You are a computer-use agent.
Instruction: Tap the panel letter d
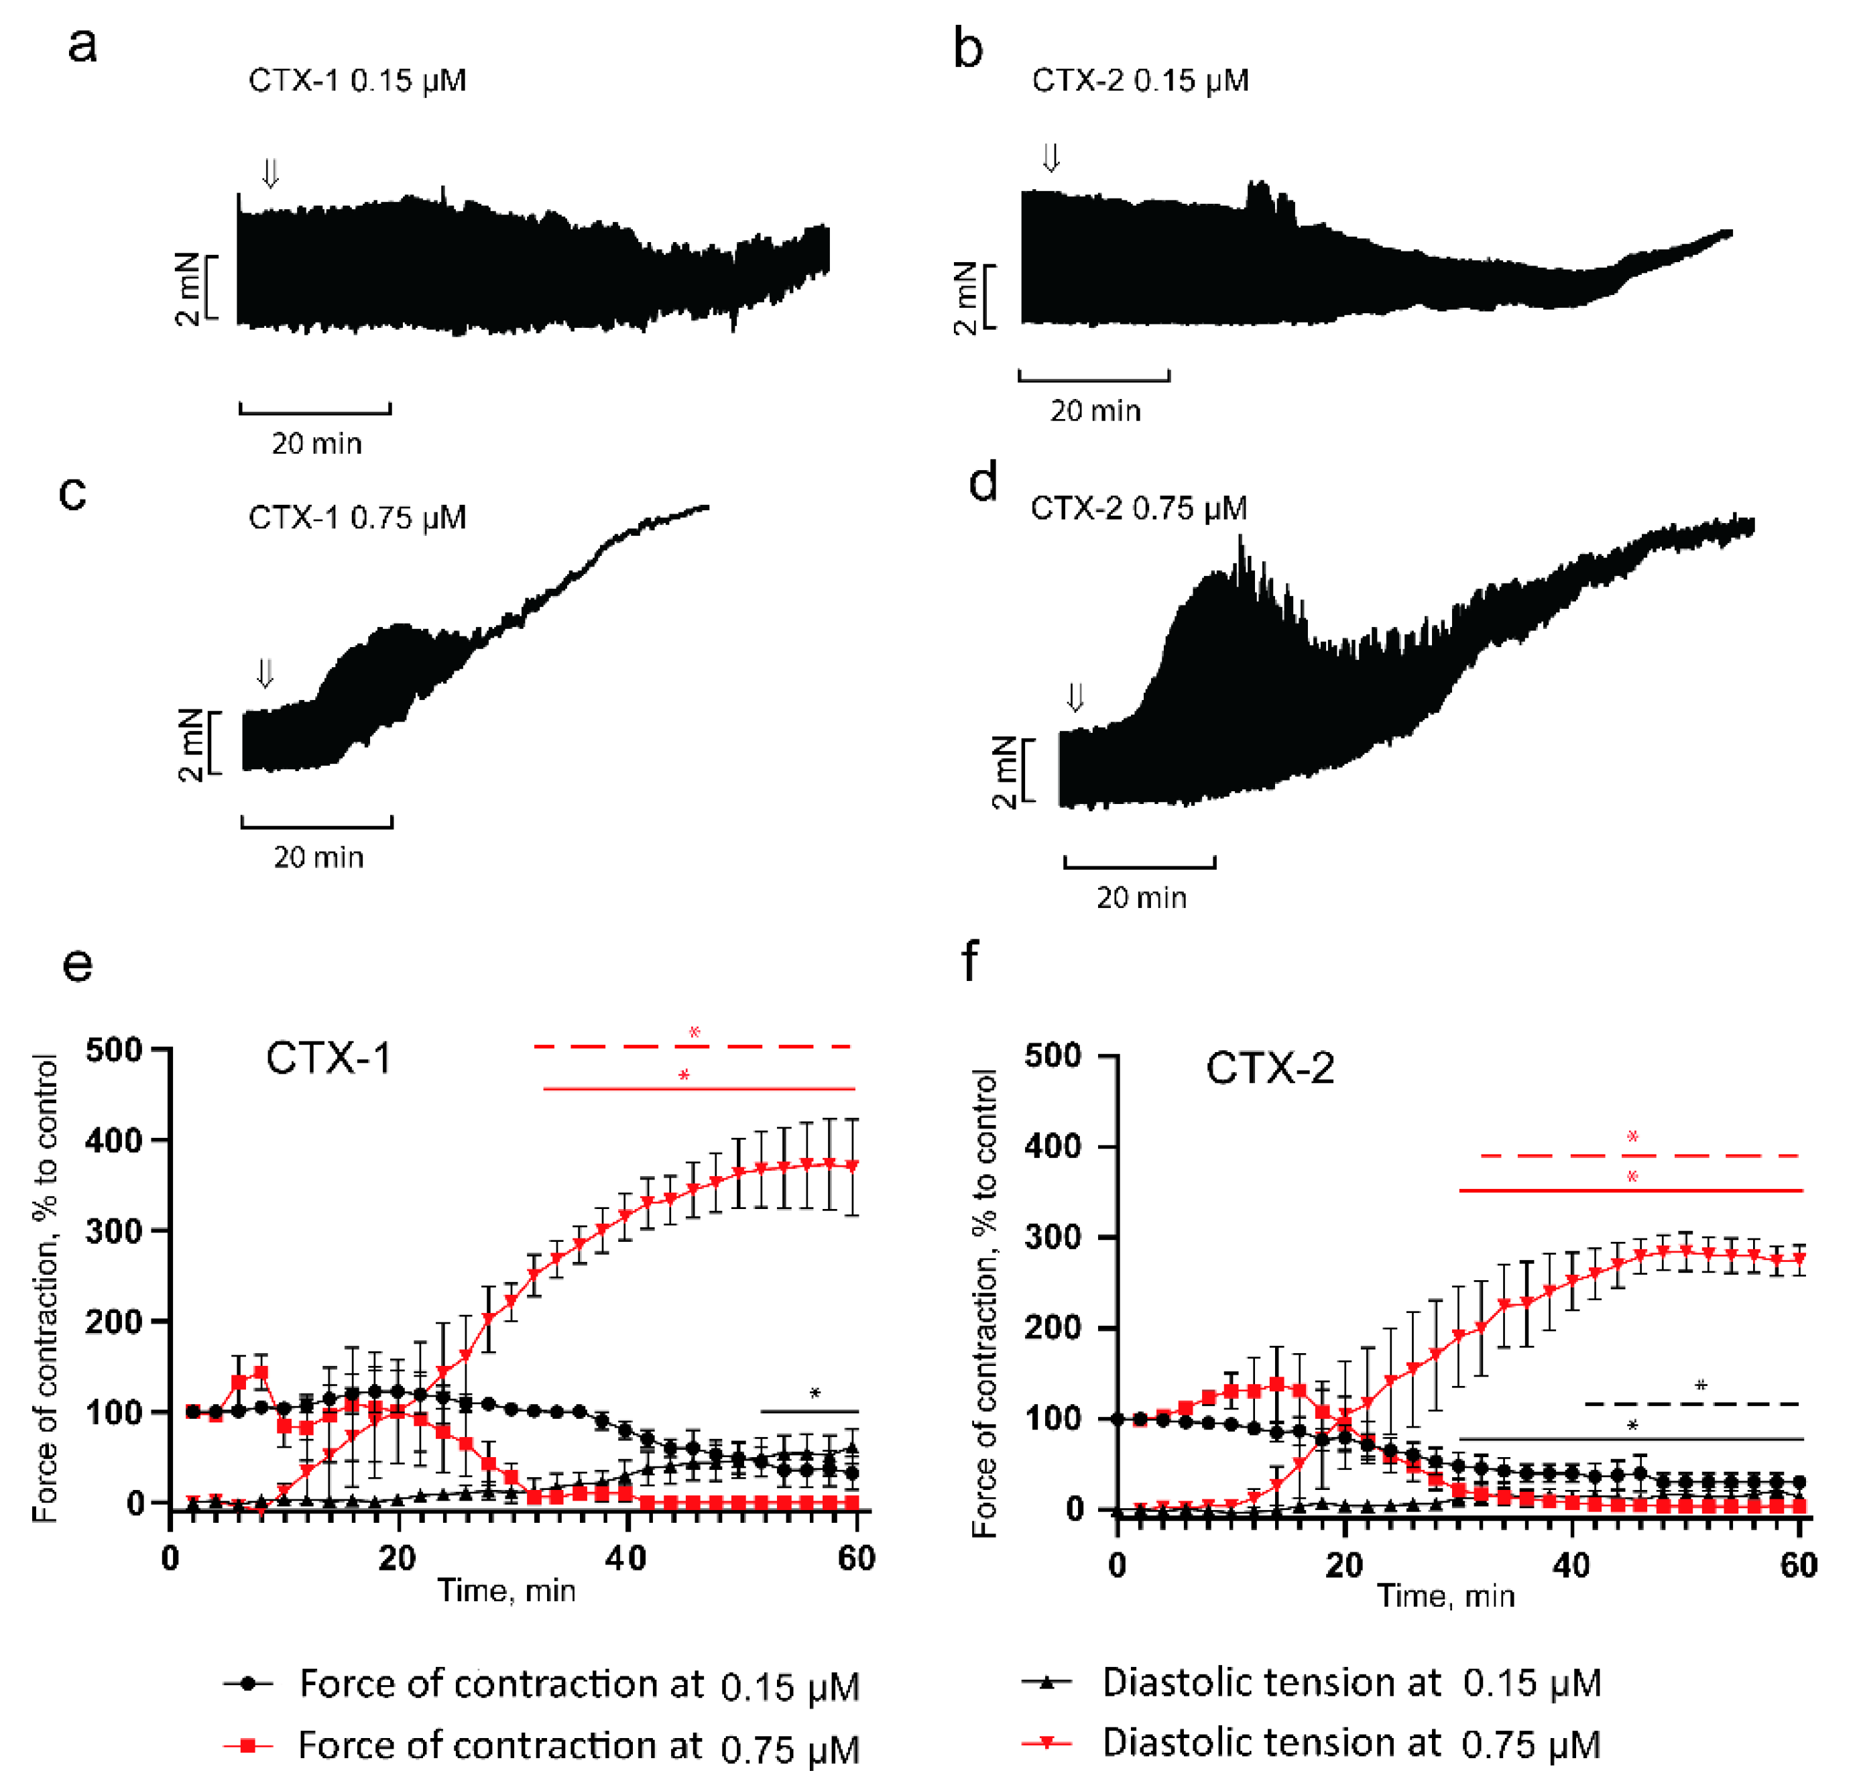point(983,482)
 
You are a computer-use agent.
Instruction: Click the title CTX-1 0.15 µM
point(357,80)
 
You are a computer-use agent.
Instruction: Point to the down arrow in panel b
point(1050,158)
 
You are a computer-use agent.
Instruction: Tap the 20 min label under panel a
point(317,443)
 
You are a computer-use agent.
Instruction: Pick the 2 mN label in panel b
point(965,297)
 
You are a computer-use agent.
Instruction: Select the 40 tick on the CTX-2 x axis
point(1571,1564)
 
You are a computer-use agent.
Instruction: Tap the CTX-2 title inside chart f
point(1269,1068)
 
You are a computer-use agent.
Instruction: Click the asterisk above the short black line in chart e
point(814,1393)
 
